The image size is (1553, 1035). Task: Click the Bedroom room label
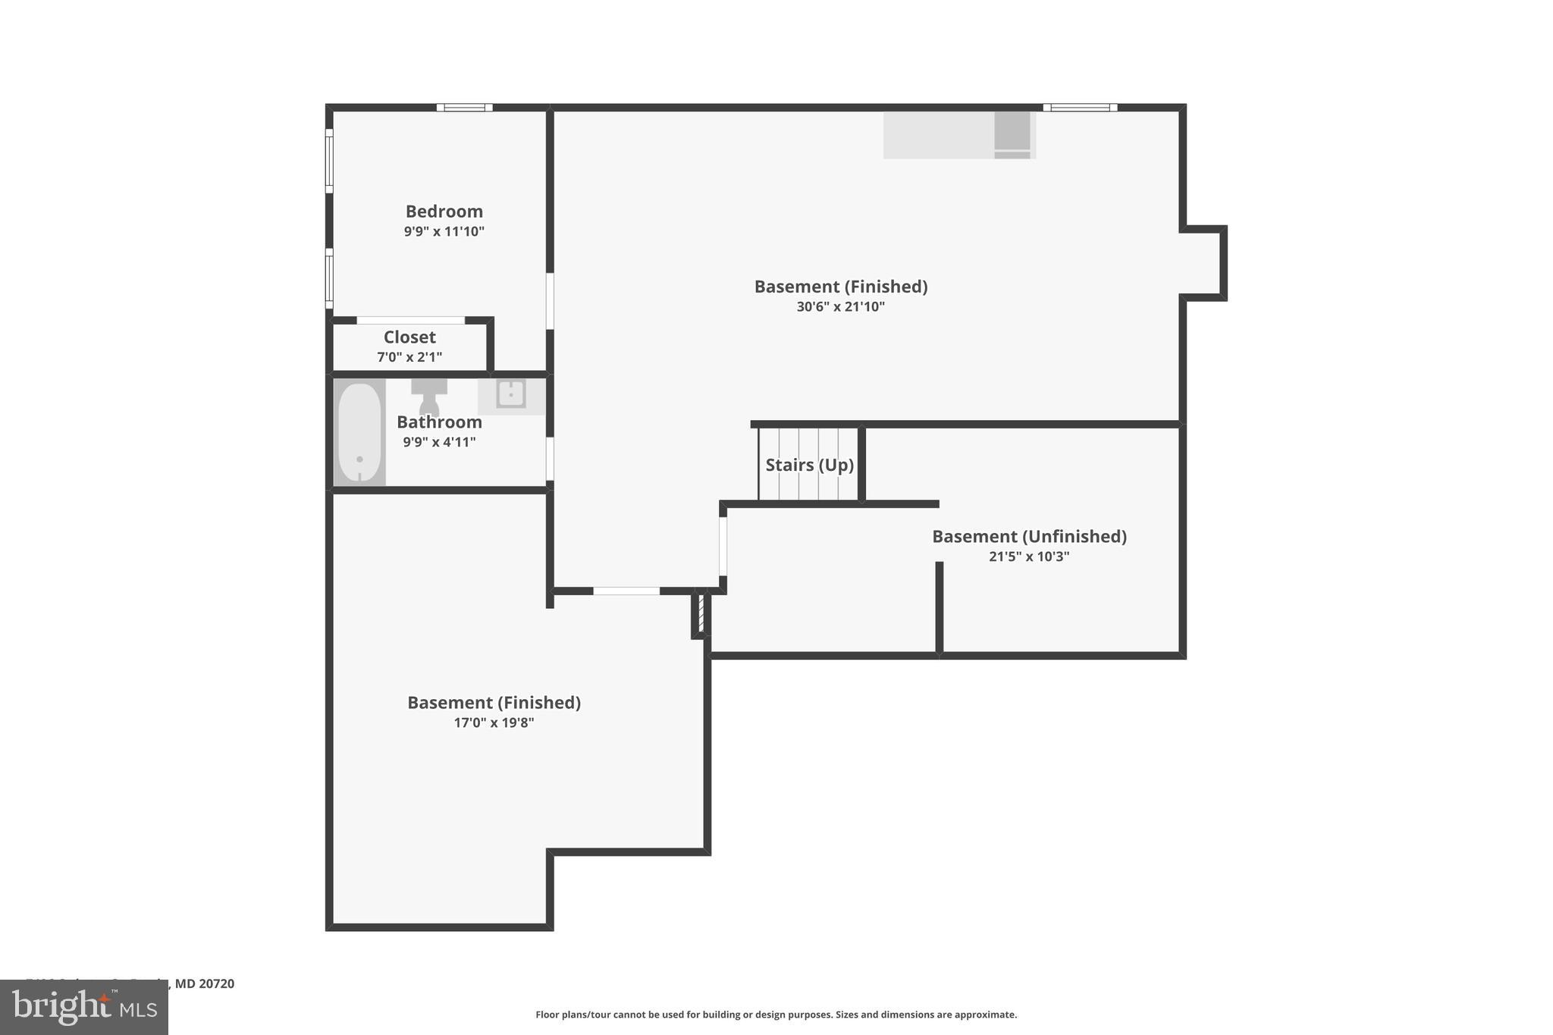(444, 212)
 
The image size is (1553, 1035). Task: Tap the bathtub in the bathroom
(359, 432)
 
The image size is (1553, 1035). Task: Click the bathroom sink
(511, 394)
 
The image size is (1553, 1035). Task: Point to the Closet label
(409, 337)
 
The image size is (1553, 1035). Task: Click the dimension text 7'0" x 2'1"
(409, 357)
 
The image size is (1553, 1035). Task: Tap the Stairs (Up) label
(809, 465)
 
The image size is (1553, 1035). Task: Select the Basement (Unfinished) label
(1029, 537)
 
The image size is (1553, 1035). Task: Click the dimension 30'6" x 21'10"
(840, 307)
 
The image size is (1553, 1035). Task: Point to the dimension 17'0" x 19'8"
(494, 723)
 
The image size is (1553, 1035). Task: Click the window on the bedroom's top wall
(464, 108)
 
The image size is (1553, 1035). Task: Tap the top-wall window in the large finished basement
(1080, 108)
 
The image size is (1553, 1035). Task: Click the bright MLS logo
(84, 1007)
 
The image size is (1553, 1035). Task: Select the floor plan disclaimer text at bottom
(776, 1015)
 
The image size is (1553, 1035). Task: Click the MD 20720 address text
(205, 983)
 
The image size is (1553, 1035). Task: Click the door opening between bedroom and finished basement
(550, 301)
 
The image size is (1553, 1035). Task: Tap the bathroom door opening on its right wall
(550, 458)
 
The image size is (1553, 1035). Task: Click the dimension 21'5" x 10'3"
(1029, 557)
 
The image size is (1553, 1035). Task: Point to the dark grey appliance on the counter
(1012, 131)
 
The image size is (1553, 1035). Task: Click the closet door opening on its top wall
(410, 321)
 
